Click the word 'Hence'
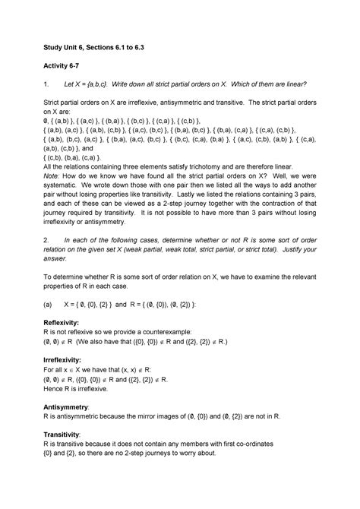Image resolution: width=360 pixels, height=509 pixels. pyautogui.click(x=55, y=387)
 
